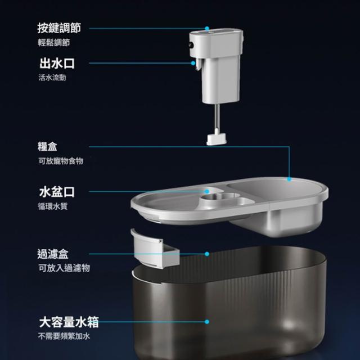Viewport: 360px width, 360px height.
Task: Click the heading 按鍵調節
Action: click(x=59, y=28)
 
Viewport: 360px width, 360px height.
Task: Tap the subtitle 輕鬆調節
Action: click(x=54, y=43)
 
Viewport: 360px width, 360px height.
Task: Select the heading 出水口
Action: click(x=57, y=64)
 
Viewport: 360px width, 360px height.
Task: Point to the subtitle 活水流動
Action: click(x=52, y=78)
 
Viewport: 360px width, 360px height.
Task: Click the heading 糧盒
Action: click(x=47, y=146)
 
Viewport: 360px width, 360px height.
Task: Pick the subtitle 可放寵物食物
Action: click(x=61, y=161)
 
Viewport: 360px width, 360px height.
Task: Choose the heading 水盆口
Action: click(x=57, y=192)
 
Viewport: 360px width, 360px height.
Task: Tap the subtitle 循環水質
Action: click(x=53, y=206)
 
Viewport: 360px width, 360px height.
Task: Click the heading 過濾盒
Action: click(x=53, y=254)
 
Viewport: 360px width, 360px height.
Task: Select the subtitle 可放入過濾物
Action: click(x=64, y=268)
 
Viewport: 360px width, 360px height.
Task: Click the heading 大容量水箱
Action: click(x=69, y=322)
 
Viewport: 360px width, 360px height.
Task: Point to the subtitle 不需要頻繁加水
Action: click(x=64, y=336)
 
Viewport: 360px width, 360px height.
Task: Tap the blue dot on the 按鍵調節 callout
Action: click(x=207, y=29)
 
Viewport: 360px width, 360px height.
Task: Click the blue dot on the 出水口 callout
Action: click(x=193, y=63)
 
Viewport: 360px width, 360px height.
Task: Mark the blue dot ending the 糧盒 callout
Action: click(x=289, y=179)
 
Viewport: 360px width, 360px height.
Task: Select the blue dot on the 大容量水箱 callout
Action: click(x=207, y=322)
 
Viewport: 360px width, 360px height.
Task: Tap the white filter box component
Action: click(x=155, y=249)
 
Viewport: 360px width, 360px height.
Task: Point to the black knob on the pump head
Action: click(x=191, y=45)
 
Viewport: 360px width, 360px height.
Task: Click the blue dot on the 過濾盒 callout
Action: click(x=207, y=254)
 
